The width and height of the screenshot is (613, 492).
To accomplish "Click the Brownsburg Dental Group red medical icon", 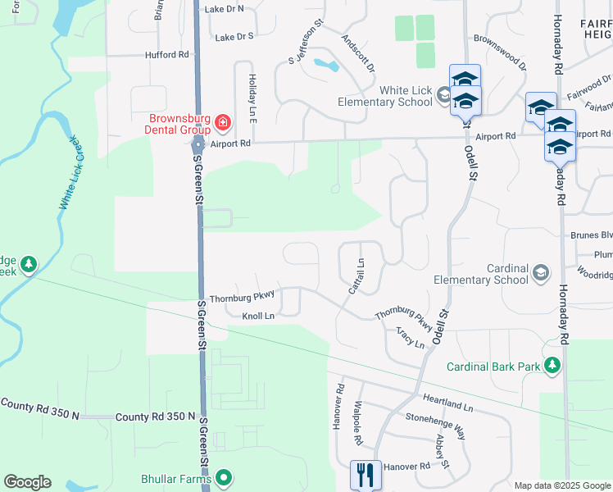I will click(223, 123).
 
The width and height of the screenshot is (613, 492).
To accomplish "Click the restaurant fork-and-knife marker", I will click(365, 474).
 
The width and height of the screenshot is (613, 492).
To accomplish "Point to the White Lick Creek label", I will click(70, 172).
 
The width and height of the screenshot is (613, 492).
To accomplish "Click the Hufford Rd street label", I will click(166, 55).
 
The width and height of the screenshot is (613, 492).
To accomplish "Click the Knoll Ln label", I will click(258, 316).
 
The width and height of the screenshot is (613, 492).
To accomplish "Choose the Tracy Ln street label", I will click(410, 337).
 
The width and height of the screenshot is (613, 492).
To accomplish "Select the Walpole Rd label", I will click(358, 427).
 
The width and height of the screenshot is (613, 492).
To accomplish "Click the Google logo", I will click(27, 482).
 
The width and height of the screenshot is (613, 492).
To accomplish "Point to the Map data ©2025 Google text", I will click(562, 485).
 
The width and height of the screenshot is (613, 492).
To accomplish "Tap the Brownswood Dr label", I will click(499, 38).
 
